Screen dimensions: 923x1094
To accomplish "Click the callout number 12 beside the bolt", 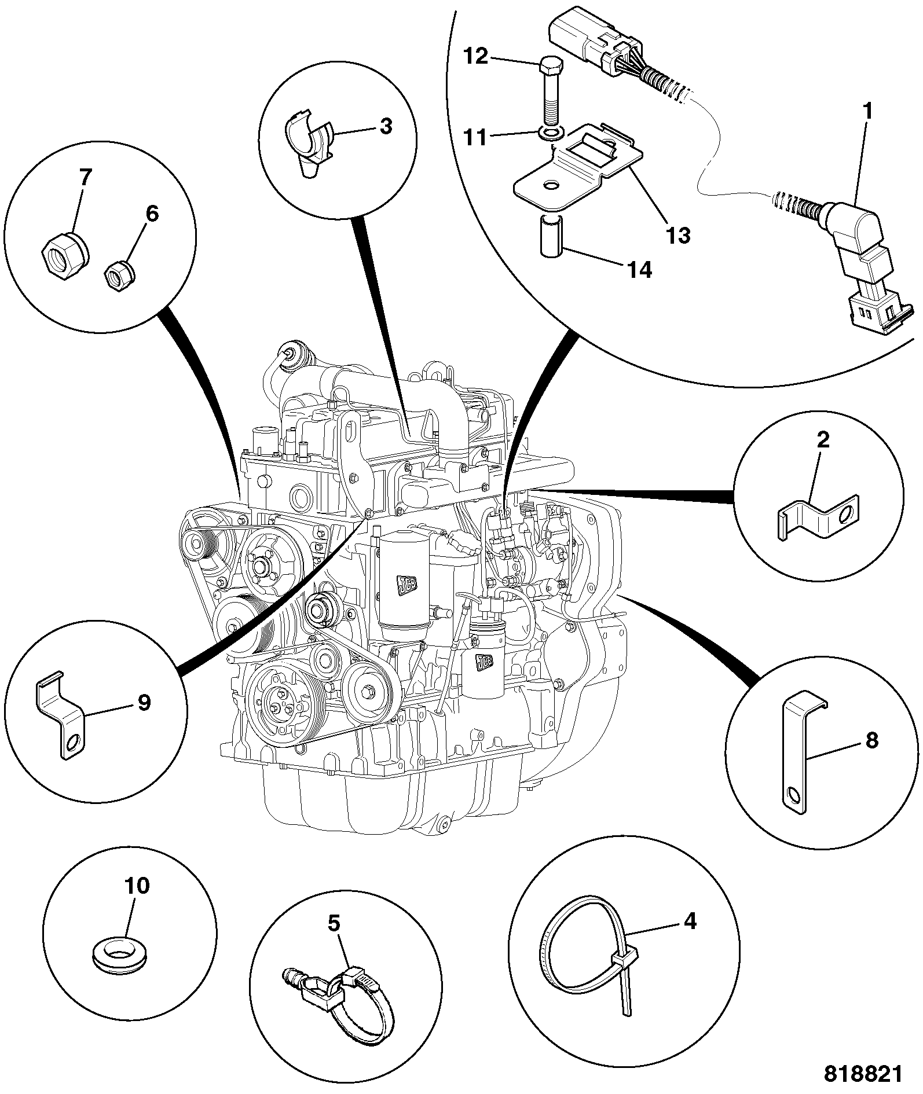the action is pyautogui.click(x=476, y=57).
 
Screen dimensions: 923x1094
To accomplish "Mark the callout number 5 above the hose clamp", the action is pyautogui.click(x=334, y=923).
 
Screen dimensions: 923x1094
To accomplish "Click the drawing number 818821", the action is pyautogui.click(x=863, y=1074).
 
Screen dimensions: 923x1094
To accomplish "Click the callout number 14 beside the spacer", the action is pyautogui.click(x=638, y=270).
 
